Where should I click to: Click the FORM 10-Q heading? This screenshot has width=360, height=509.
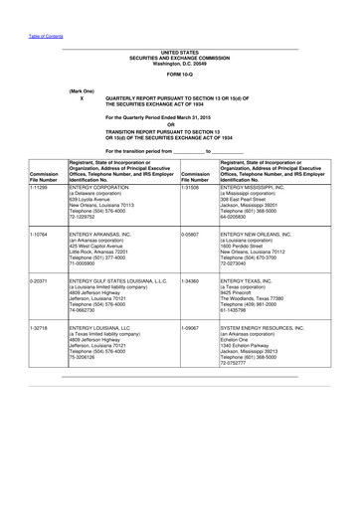180,74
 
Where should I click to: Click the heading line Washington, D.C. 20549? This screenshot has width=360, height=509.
180,62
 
